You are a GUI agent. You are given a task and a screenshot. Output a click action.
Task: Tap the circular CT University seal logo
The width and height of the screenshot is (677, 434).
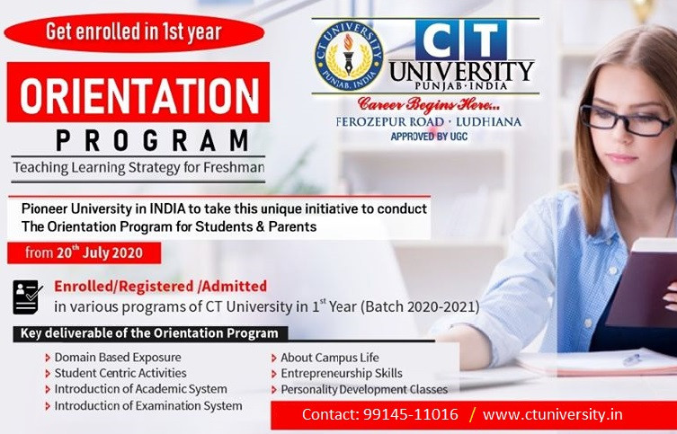(x=349, y=56)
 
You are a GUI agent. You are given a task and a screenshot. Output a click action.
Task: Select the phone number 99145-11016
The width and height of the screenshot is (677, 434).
(x=410, y=414)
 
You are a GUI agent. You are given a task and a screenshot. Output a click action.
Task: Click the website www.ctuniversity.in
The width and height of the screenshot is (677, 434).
(x=553, y=414)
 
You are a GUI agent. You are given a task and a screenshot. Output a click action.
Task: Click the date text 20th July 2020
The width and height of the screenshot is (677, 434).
(x=99, y=252)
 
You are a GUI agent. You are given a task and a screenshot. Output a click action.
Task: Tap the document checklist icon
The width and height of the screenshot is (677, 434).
(x=28, y=297)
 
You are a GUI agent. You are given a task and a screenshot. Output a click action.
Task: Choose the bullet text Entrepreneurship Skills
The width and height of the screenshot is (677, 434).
(x=342, y=373)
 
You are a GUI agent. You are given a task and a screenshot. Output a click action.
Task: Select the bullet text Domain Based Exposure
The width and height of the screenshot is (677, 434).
(x=118, y=358)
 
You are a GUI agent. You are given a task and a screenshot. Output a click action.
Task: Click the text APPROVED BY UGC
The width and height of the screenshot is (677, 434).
(x=429, y=137)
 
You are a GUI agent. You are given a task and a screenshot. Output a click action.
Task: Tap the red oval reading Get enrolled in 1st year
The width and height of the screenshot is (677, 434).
(x=134, y=32)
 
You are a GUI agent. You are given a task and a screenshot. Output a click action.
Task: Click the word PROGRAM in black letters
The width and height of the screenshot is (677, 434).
(x=153, y=140)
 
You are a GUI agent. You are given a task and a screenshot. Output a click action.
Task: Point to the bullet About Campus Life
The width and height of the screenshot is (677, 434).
(x=330, y=358)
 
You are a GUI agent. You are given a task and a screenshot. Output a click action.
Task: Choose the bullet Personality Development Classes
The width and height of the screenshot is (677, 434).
(x=364, y=390)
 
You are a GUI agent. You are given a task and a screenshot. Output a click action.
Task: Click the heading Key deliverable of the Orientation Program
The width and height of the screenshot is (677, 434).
(x=149, y=333)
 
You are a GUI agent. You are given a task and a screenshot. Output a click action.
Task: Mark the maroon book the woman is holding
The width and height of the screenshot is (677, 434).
(x=644, y=285)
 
